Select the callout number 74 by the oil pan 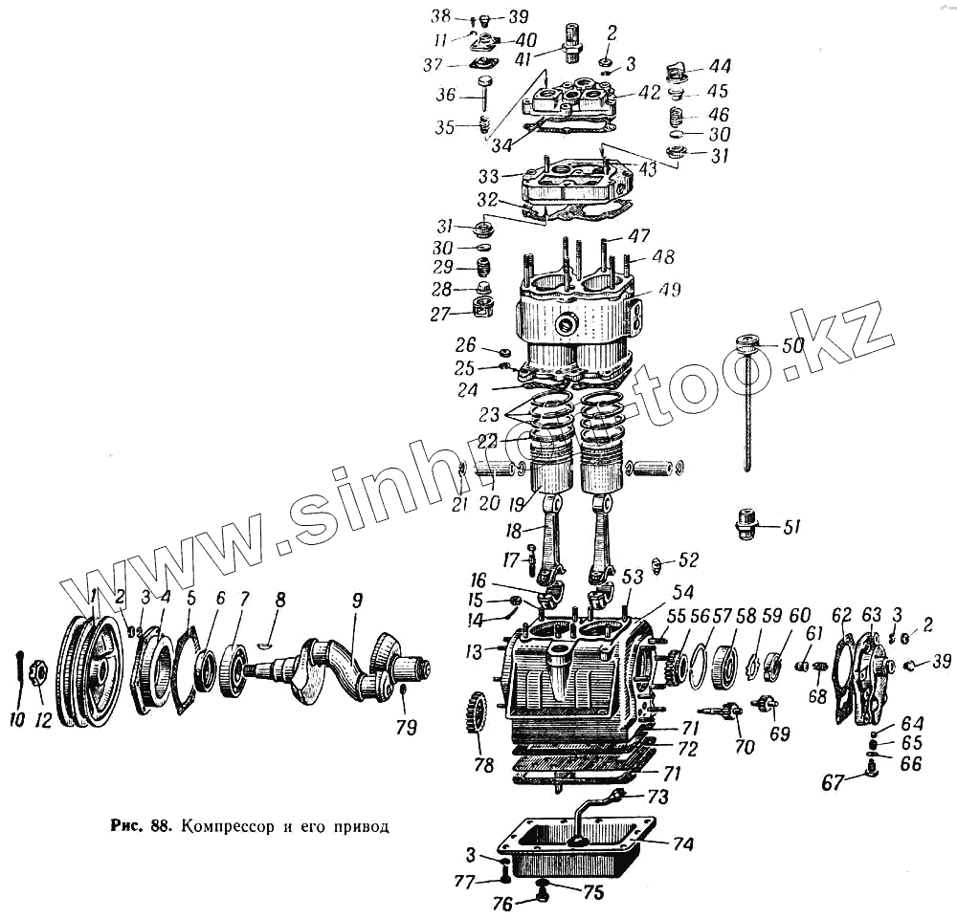pyautogui.click(x=683, y=844)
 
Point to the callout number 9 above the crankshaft pyautogui.click(x=357, y=602)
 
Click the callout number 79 pyautogui.click(x=407, y=728)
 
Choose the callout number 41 pyautogui.click(x=546, y=57)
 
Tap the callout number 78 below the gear pyautogui.click(x=484, y=765)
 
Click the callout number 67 pyautogui.click(x=834, y=782)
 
